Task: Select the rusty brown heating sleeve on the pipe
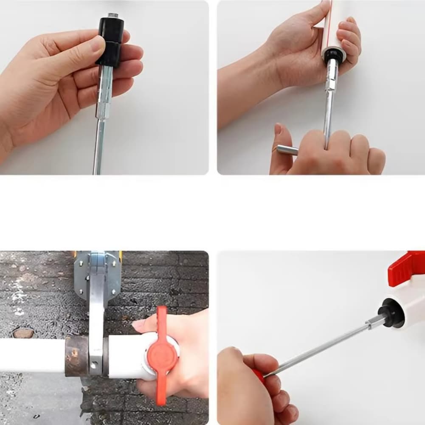point(76,357)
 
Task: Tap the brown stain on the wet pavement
point(23,333)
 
